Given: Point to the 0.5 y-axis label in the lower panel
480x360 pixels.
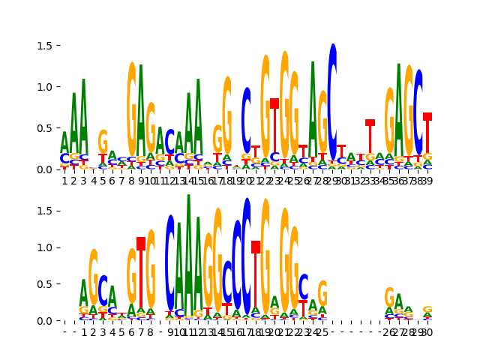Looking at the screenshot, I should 43,284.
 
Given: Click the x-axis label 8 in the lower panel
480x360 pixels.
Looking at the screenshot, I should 151,331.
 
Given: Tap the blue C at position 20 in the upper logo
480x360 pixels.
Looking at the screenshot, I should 247,120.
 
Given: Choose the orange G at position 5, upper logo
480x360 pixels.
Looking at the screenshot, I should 103,141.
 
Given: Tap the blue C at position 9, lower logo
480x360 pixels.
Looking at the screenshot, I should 170,262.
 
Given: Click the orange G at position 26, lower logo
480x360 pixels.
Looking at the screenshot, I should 389,296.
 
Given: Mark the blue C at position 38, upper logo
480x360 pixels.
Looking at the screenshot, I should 418,112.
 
